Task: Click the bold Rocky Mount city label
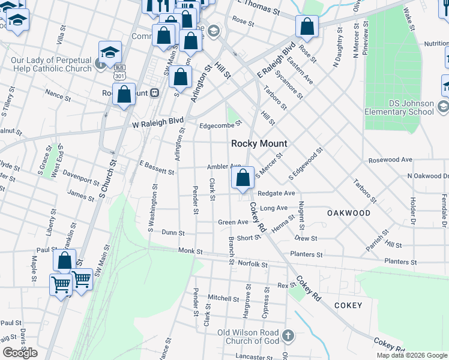coord(259,144)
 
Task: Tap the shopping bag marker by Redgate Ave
coord(243,178)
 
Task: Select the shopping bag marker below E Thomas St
coord(307,27)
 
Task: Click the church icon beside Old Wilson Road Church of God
coord(288,335)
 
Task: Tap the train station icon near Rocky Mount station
coord(155,93)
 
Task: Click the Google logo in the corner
coord(20,353)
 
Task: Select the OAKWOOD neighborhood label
coord(348,213)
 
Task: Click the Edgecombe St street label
coord(220,124)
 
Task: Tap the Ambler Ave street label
coord(223,166)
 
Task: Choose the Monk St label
coord(190,250)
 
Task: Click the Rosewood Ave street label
coord(390,160)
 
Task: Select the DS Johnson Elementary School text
coord(399,107)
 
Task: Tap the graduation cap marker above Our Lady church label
coord(110,52)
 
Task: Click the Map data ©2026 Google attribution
coord(411,355)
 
